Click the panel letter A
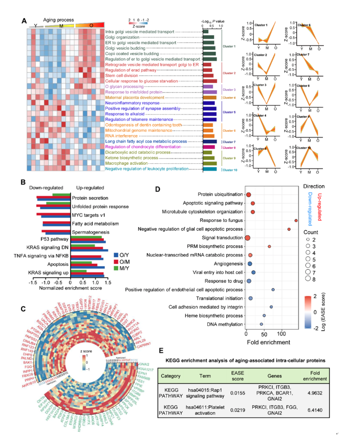23,20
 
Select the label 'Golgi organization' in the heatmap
123,37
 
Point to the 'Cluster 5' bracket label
229,112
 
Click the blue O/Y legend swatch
116,255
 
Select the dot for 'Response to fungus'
297,207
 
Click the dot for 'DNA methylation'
261,324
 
